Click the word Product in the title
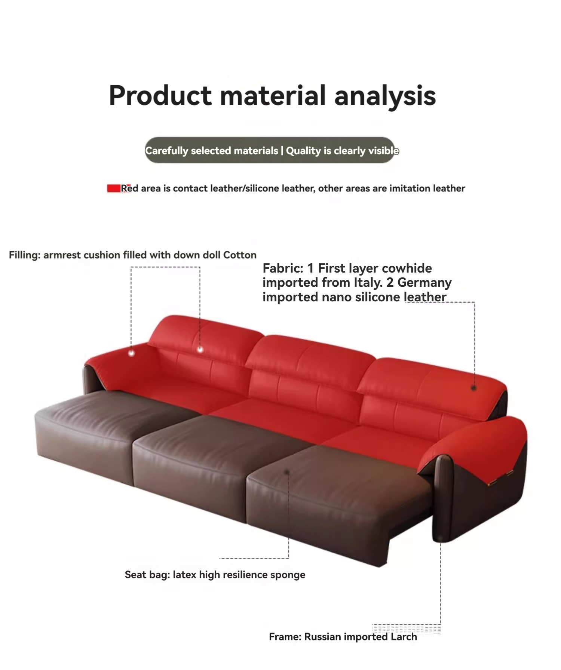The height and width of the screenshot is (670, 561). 160,95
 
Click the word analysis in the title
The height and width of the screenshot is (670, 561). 385,96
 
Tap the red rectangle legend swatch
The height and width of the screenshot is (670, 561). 114,188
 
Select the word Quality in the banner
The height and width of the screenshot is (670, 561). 303,151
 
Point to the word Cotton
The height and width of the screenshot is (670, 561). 240,255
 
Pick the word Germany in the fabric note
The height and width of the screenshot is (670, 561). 424,283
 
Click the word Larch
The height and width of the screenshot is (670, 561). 404,637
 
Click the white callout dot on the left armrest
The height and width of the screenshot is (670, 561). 131,353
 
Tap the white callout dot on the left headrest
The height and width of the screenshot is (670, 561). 200,350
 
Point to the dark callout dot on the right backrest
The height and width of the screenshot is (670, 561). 474,388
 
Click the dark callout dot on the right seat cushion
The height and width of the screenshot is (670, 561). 287,472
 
